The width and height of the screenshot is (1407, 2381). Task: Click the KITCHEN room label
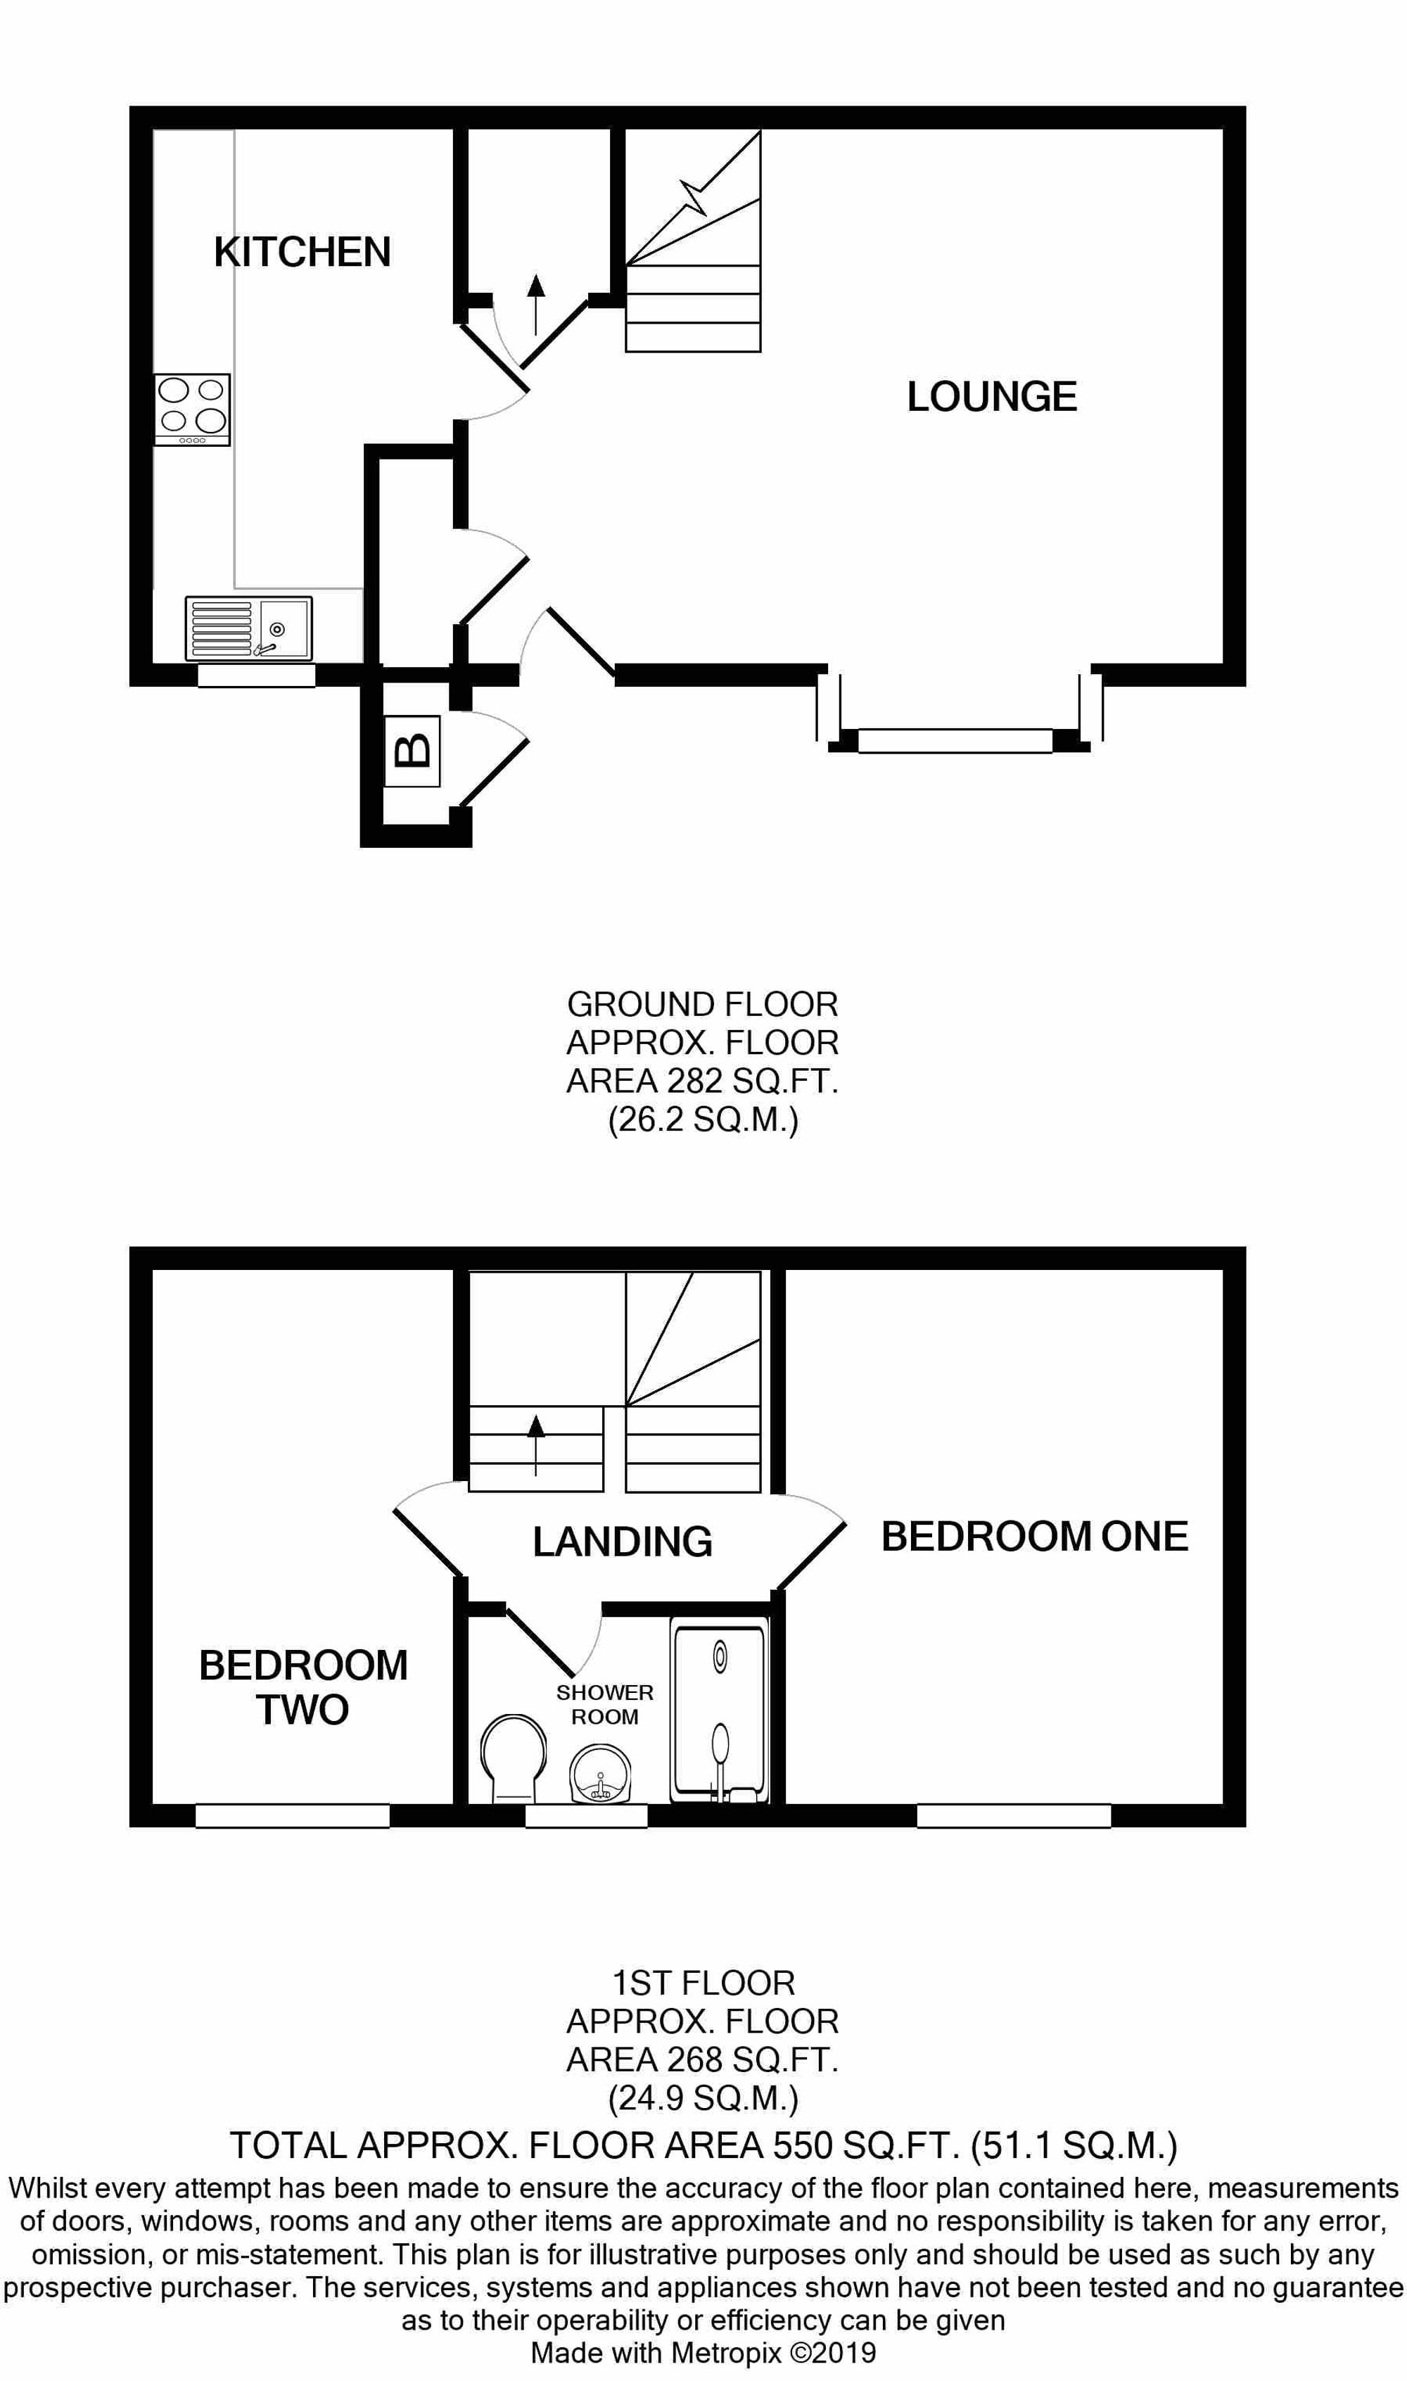click(302, 252)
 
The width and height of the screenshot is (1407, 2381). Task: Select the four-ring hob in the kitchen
click(193, 409)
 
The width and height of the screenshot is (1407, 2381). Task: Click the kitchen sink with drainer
click(248, 628)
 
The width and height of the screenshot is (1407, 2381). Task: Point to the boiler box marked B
click(412, 751)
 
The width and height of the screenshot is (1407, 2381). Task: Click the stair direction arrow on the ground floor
click(537, 303)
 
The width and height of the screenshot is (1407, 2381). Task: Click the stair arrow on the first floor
click(537, 1443)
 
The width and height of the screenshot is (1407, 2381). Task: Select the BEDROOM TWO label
click(303, 1688)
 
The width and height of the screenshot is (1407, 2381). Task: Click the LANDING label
click(622, 1542)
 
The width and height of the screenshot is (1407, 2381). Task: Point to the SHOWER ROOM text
click(605, 1704)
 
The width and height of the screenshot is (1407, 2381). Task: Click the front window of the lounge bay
click(955, 741)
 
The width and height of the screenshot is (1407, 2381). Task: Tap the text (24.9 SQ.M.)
click(703, 2098)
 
